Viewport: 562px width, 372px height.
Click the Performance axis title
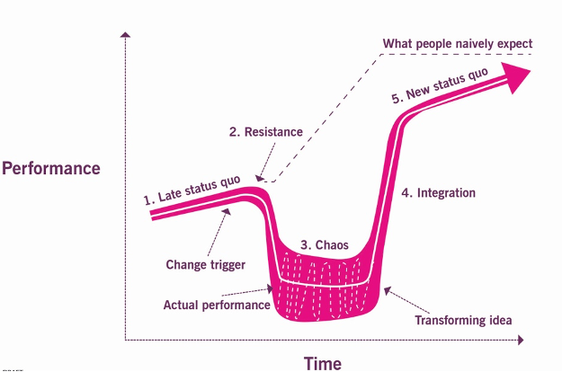coord(51,168)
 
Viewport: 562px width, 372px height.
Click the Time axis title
coord(322,363)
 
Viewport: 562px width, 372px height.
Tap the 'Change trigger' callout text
coord(205,264)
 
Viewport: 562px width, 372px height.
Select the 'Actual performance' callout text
coord(217,305)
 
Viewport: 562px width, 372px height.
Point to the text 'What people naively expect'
coord(458,43)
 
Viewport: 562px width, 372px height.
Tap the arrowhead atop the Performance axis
coord(127,36)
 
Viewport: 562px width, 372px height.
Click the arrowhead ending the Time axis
coord(521,341)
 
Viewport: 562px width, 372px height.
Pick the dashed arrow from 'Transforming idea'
coord(405,298)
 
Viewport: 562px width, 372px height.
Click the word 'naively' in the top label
coord(466,43)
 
